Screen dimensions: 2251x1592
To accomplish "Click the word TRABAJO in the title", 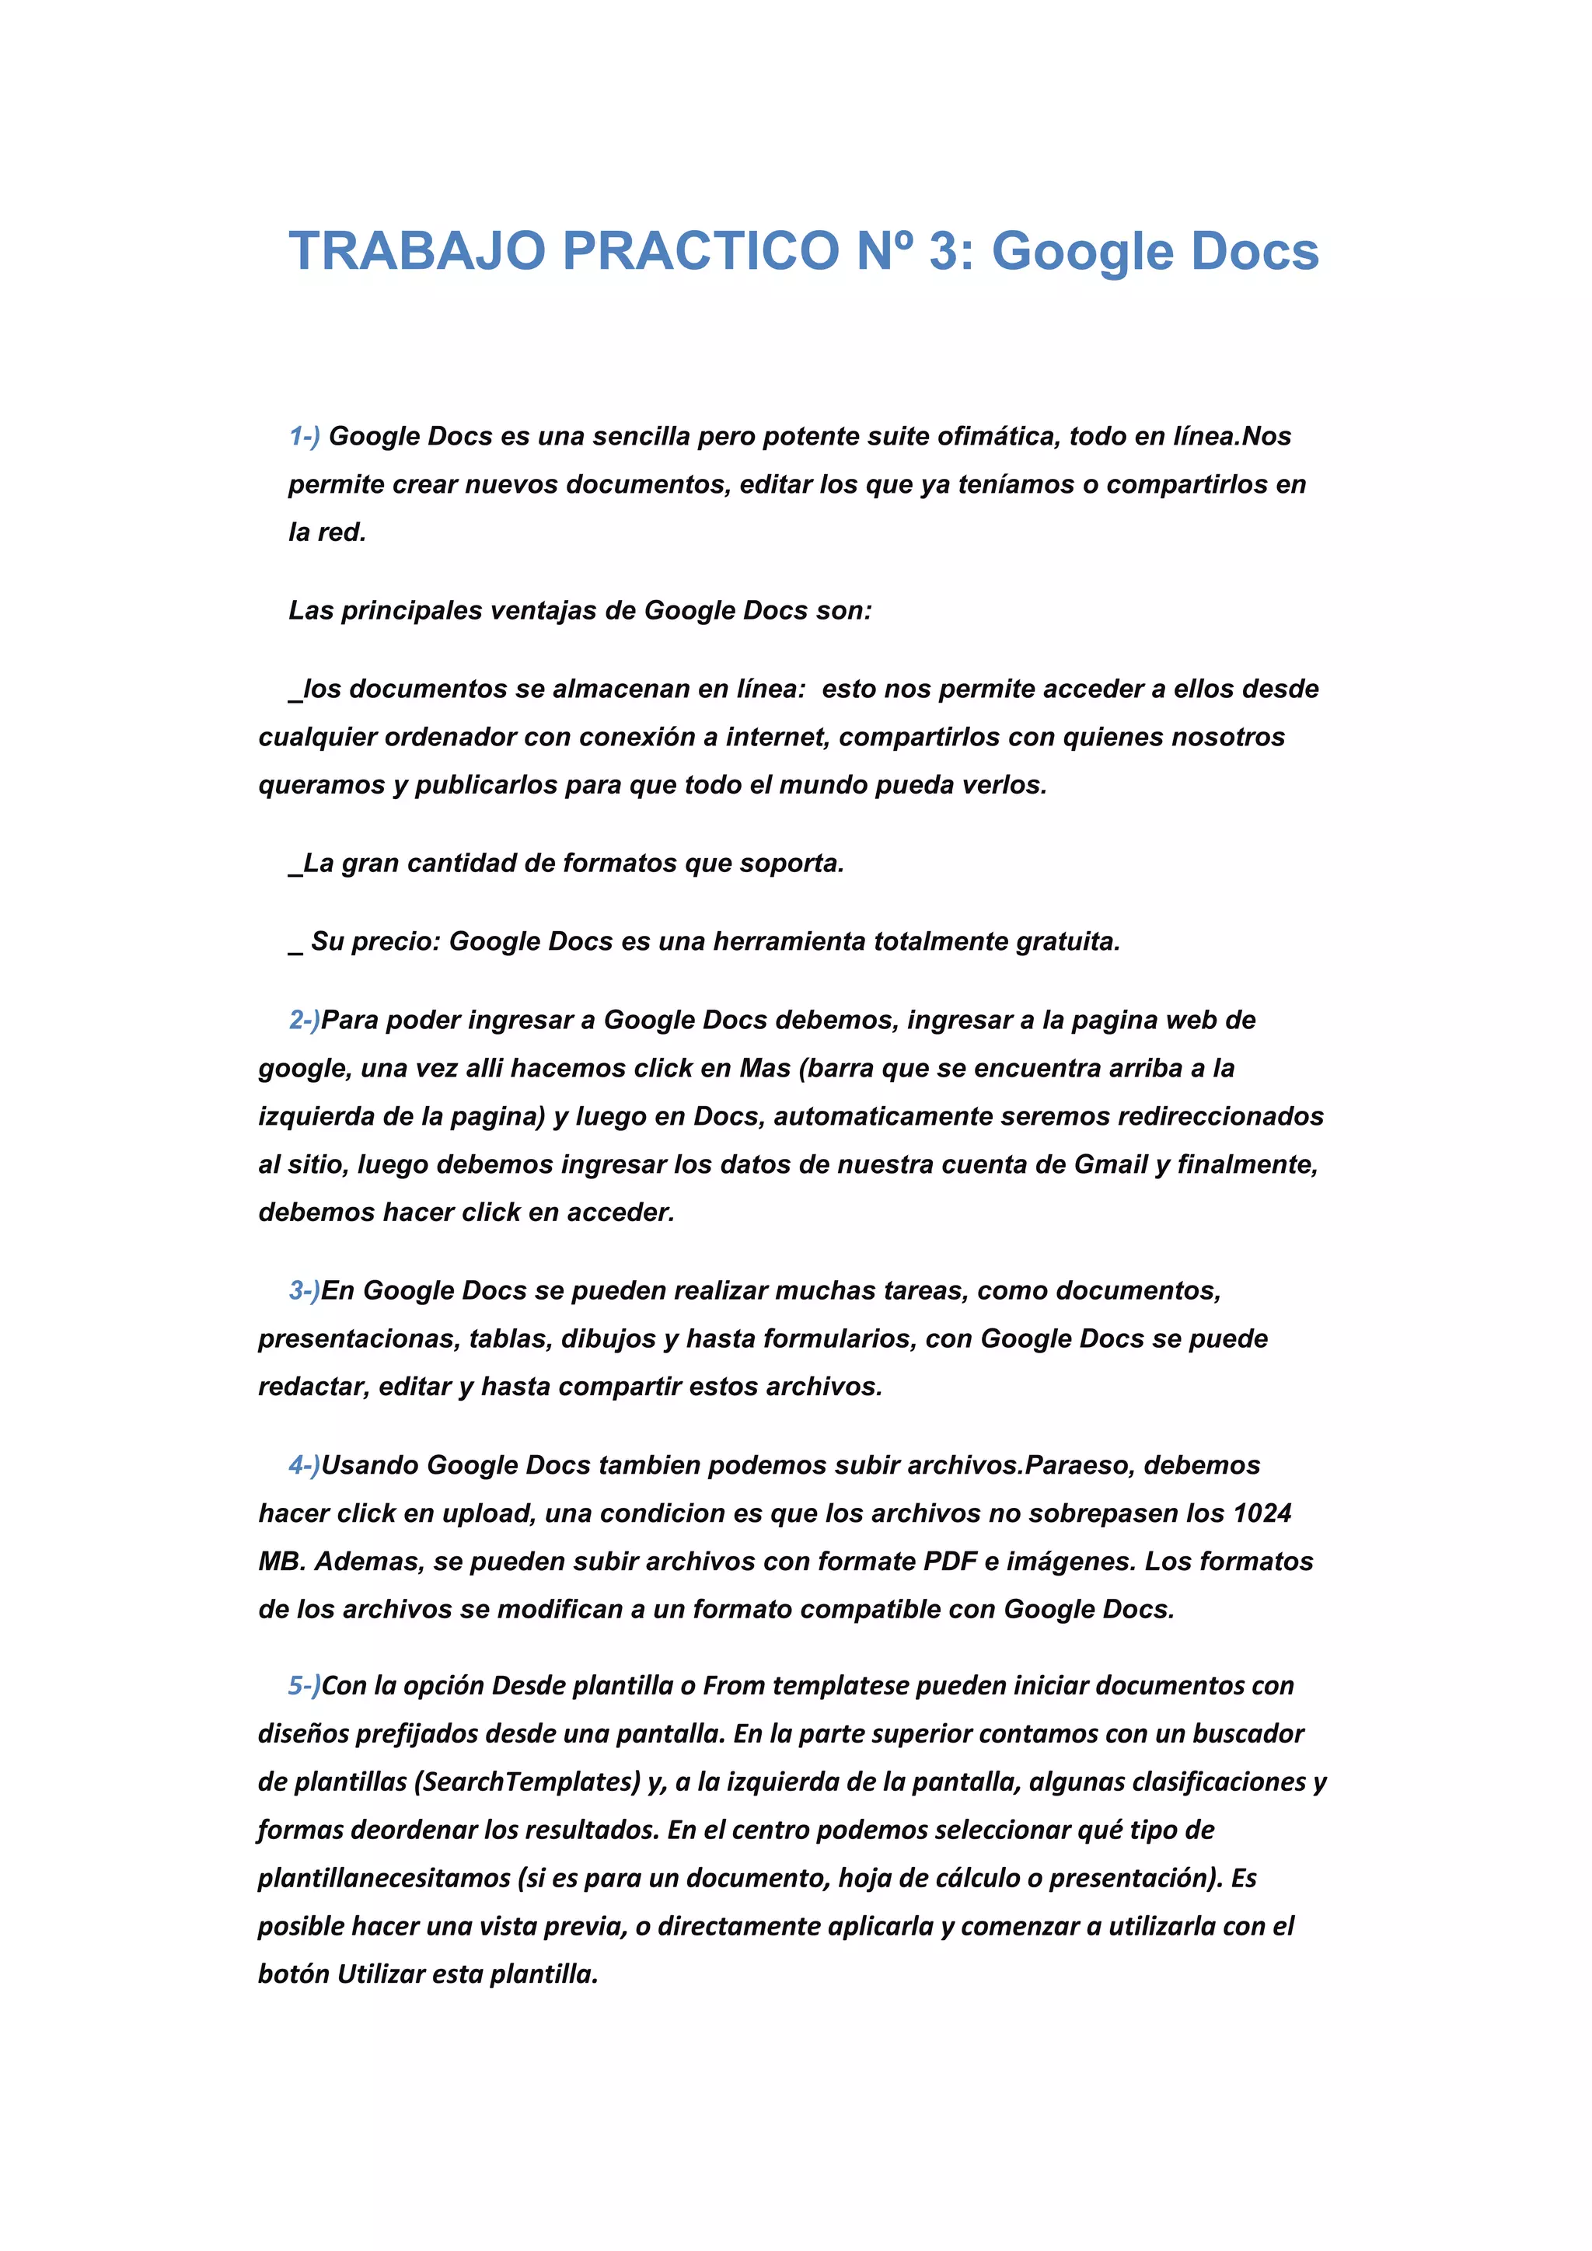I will click(417, 251).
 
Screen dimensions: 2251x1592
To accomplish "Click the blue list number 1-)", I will click(304, 436).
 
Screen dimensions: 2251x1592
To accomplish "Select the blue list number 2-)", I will click(304, 1021).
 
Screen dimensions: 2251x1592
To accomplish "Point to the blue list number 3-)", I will click(304, 1291).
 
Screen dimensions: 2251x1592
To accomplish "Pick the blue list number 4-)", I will click(304, 1466).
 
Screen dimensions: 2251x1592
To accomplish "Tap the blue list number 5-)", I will click(304, 1686).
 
